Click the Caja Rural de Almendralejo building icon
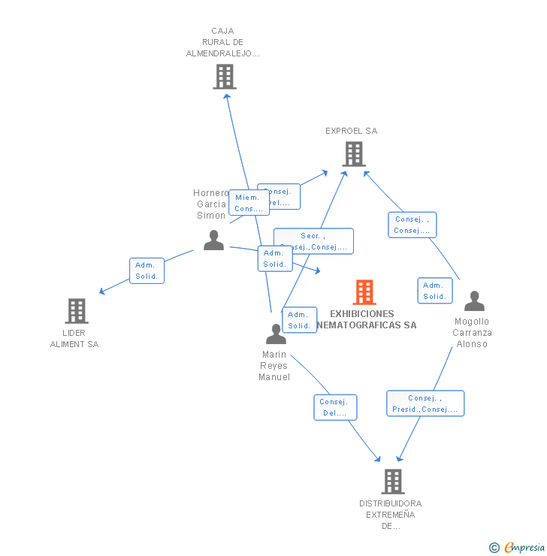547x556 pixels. (224, 76)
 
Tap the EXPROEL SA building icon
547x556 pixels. (353, 153)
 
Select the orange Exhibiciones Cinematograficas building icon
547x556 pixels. (364, 292)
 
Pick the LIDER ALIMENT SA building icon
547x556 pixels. (76, 310)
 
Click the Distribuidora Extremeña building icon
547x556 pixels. (392, 481)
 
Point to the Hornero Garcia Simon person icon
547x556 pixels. (214, 240)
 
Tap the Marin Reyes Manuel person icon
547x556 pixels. (276, 334)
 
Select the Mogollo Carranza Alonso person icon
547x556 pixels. (474, 301)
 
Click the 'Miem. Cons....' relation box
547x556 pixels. (249, 203)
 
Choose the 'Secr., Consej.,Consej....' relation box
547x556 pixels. (313, 241)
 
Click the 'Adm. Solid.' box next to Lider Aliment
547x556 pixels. (146, 270)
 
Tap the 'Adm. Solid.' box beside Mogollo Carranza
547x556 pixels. (434, 291)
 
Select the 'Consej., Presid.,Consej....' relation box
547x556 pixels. (425, 403)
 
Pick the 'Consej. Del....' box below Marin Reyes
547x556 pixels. (335, 407)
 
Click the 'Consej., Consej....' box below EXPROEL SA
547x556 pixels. (413, 225)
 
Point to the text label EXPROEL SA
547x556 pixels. (352, 131)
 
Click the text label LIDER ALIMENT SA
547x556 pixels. (74, 338)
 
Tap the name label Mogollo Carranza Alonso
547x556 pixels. (473, 333)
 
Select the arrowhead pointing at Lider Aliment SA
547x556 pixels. (103, 291)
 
